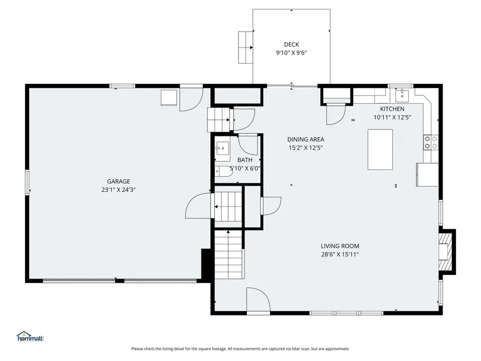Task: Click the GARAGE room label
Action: click(x=118, y=181)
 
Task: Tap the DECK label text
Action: click(x=291, y=44)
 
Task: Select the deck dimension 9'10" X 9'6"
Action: click(x=291, y=53)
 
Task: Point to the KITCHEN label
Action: click(x=392, y=109)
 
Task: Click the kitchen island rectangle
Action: click(x=380, y=149)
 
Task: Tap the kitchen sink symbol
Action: click(x=401, y=95)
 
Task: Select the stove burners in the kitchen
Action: click(x=431, y=142)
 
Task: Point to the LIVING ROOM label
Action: click(x=336, y=246)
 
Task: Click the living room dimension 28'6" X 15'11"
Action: click(x=336, y=255)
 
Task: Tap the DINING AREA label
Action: click(x=306, y=139)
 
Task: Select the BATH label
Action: click(x=245, y=159)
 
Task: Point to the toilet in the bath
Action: click(x=220, y=171)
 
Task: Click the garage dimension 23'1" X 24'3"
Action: click(x=118, y=189)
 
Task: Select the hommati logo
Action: click(x=30, y=336)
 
